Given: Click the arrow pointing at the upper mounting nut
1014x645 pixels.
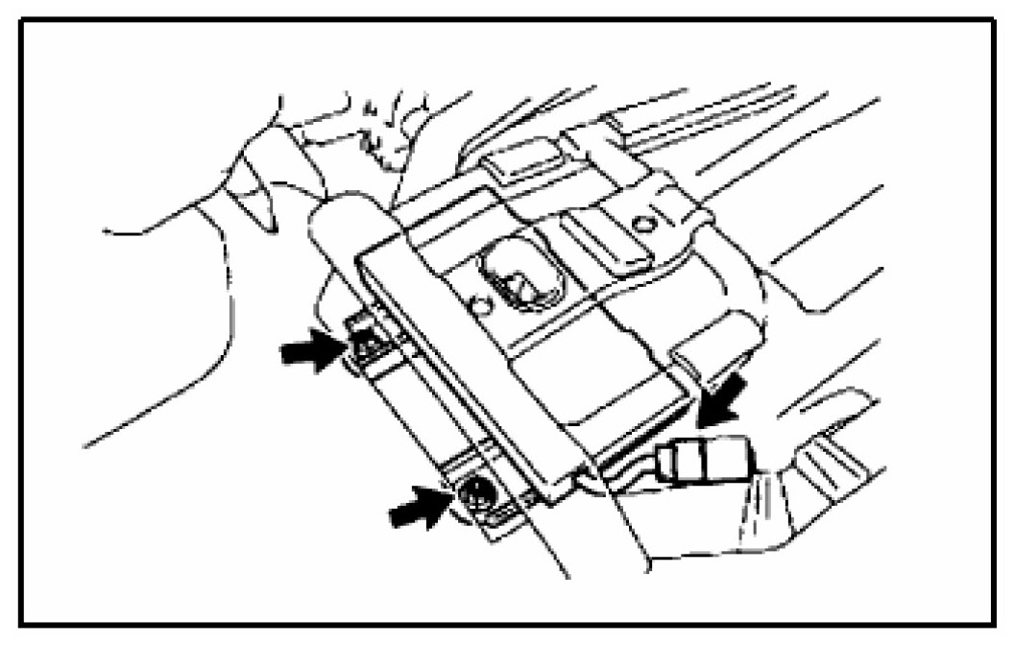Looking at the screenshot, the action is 309,351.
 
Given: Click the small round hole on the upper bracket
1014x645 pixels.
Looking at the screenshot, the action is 644,225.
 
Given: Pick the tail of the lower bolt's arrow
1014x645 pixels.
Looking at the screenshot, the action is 398,514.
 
